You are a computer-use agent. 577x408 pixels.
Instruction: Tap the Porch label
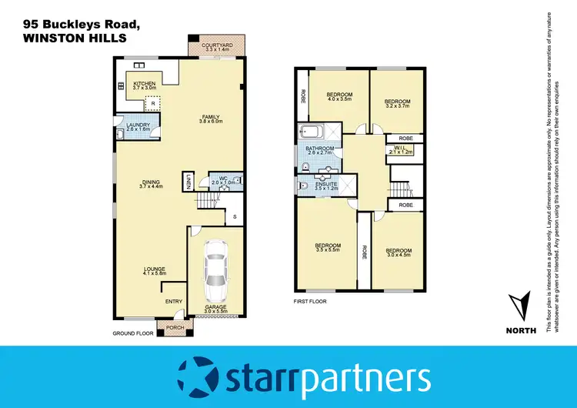[x=175, y=326]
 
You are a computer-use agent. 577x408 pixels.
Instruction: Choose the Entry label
[x=174, y=301]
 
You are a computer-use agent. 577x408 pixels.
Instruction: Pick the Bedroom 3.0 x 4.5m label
[x=399, y=253]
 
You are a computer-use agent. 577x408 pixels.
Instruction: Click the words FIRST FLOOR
[x=311, y=302]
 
